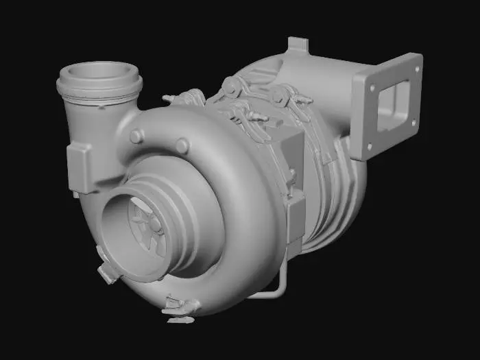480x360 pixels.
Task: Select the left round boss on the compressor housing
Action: click(x=136, y=136)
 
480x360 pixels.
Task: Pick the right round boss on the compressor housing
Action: click(x=182, y=145)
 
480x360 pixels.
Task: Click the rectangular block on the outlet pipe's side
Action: click(x=79, y=168)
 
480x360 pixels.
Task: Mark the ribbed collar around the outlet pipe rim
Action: click(x=100, y=89)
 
